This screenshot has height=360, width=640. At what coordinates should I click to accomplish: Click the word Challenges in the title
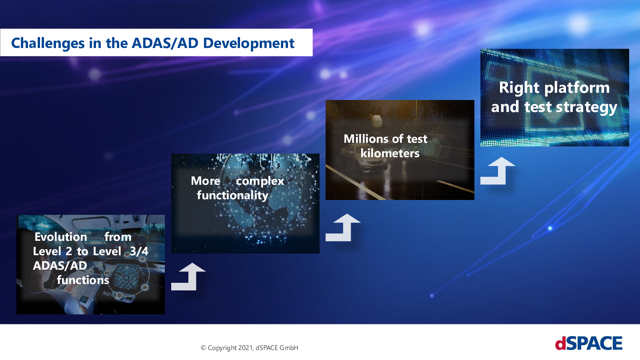[x=48, y=44]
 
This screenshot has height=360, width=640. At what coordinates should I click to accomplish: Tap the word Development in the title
[x=248, y=44]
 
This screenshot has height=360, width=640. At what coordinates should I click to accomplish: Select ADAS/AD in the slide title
[x=165, y=43]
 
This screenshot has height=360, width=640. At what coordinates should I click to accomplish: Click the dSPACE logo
[x=588, y=343]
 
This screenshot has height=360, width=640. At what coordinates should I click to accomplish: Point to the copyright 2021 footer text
[x=249, y=348]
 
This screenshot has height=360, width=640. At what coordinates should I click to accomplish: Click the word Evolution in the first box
[x=60, y=236]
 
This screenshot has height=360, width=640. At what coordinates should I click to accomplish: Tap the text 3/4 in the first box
[x=139, y=251]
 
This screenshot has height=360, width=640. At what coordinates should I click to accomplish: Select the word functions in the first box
[x=83, y=280]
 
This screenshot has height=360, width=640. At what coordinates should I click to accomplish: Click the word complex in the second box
[x=260, y=181]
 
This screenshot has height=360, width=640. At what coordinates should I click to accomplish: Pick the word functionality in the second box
[x=232, y=196]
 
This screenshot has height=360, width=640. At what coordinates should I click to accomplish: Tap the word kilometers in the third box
[x=390, y=153]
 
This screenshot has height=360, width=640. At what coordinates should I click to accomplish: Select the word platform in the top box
[x=577, y=88]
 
